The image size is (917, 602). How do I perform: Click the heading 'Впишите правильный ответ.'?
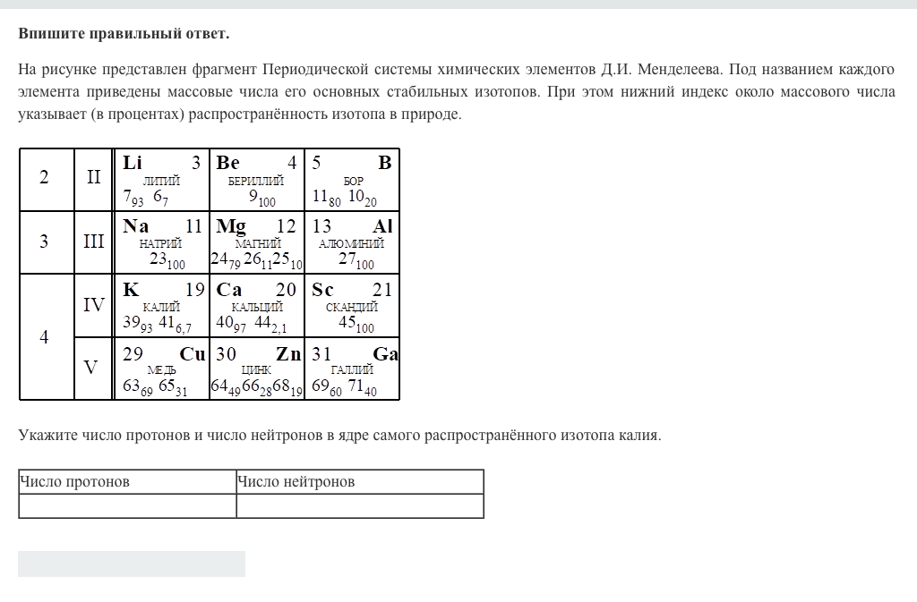tap(124, 34)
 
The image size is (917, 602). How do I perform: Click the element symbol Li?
tap(133, 163)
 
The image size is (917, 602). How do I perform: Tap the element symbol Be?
tap(228, 163)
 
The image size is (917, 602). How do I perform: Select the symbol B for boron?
tap(384, 163)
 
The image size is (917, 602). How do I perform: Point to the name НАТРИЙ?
tap(161, 243)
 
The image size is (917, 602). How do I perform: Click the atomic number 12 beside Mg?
tap(286, 226)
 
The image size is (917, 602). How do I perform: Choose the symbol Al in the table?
tap(382, 226)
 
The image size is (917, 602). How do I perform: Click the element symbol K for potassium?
tap(131, 290)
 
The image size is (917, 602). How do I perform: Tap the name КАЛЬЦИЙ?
tap(257, 307)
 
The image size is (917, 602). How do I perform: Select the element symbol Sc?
tap(322, 290)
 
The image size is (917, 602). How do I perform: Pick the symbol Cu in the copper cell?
tap(193, 354)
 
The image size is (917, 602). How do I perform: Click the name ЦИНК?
tap(257, 370)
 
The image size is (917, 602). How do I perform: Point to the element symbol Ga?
tap(385, 354)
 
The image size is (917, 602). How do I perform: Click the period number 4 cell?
tap(44, 337)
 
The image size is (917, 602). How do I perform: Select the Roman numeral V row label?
tap(90, 368)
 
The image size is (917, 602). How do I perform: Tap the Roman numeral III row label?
tap(94, 242)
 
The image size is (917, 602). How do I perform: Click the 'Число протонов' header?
tap(75, 482)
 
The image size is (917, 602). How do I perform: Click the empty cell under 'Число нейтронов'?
tap(360, 506)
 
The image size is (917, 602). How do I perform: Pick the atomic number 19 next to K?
tap(195, 290)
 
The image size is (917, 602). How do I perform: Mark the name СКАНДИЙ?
tap(352, 307)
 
